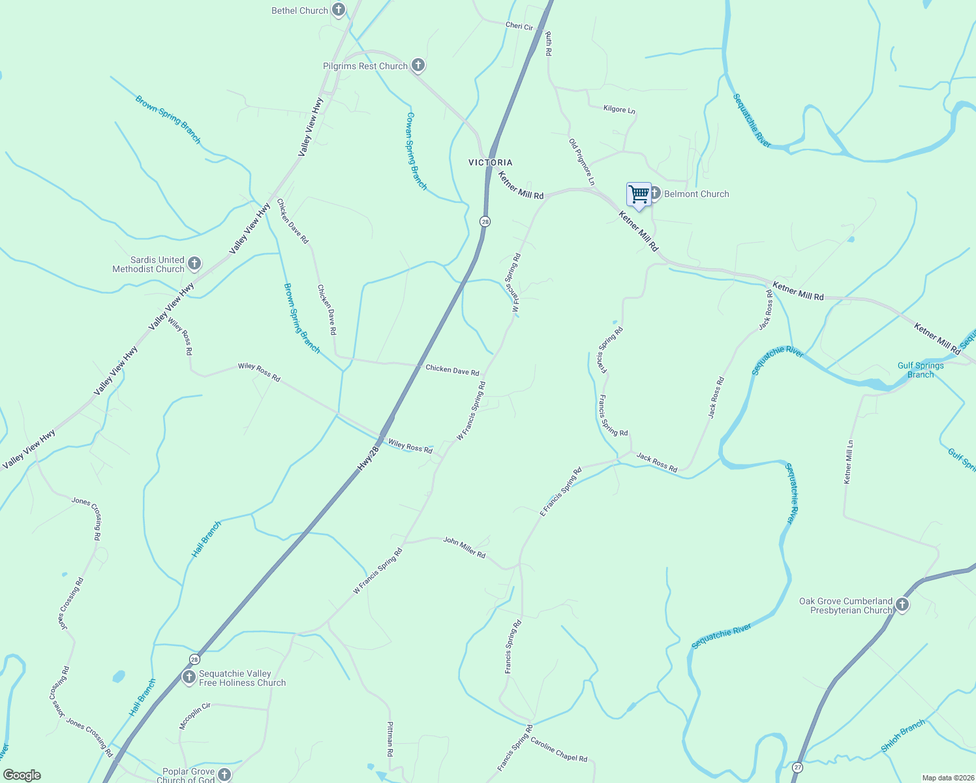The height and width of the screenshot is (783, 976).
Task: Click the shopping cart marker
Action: (x=639, y=194)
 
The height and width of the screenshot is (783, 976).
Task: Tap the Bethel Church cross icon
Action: (x=338, y=10)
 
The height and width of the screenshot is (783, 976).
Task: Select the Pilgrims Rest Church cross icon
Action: (x=418, y=65)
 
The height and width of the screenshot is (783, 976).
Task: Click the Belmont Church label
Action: (x=696, y=194)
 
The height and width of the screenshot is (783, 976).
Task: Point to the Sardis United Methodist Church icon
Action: (x=194, y=264)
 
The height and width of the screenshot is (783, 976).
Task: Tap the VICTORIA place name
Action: (x=491, y=162)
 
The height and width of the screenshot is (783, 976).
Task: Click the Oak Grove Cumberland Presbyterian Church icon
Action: (x=902, y=605)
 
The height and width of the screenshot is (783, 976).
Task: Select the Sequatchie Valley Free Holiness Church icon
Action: (x=189, y=677)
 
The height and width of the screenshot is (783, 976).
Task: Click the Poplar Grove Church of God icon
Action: (x=224, y=775)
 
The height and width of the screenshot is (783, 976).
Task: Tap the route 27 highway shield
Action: (x=798, y=768)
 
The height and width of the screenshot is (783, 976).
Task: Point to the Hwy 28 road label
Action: (x=369, y=459)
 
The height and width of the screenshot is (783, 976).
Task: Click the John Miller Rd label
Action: (x=465, y=547)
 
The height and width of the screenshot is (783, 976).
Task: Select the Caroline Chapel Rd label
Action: (x=558, y=750)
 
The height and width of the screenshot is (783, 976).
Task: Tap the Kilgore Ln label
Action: (x=619, y=110)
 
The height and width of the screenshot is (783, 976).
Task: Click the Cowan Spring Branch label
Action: (x=416, y=151)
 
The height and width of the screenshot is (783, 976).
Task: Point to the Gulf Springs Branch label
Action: (x=921, y=370)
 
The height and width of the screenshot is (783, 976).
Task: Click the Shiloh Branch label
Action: (x=903, y=735)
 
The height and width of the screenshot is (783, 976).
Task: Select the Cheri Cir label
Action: (x=519, y=26)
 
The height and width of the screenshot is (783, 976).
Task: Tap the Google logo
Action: (x=22, y=775)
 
